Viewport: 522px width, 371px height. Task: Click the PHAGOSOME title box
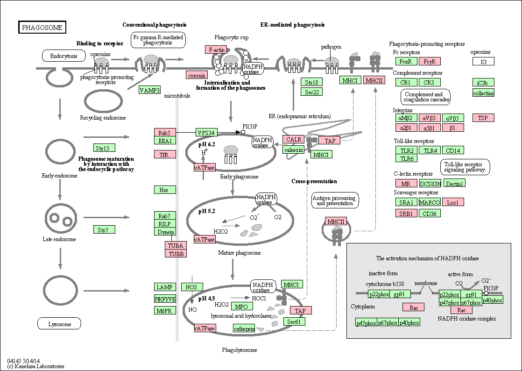click(x=42, y=27)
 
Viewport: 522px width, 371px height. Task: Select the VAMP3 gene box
click(x=150, y=90)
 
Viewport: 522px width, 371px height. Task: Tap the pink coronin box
click(x=197, y=75)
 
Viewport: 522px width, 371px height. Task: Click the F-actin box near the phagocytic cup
click(x=216, y=50)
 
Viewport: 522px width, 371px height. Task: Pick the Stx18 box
click(x=311, y=82)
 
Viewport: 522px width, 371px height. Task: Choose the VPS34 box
click(x=206, y=133)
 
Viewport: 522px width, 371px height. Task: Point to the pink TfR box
click(x=165, y=155)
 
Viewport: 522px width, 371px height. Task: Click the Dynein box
click(x=165, y=232)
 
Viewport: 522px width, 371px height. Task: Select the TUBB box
click(x=176, y=253)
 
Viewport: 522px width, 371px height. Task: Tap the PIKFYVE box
click(x=165, y=299)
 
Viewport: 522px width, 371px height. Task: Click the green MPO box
click(x=241, y=307)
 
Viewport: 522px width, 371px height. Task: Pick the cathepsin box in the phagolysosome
click(x=244, y=328)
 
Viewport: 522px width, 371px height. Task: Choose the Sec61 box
click(x=294, y=321)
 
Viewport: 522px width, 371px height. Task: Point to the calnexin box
click(x=294, y=150)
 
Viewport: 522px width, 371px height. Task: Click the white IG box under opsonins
click(x=483, y=61)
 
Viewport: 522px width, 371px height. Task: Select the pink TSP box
click(x=483, y=118)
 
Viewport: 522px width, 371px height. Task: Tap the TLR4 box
click(x=430, y=150)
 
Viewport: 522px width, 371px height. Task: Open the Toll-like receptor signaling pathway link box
click(x=465, y=167)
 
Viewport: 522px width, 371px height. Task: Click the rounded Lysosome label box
click(x=60, y=324)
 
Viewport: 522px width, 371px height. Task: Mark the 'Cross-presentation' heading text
click(x=314, y=181)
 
